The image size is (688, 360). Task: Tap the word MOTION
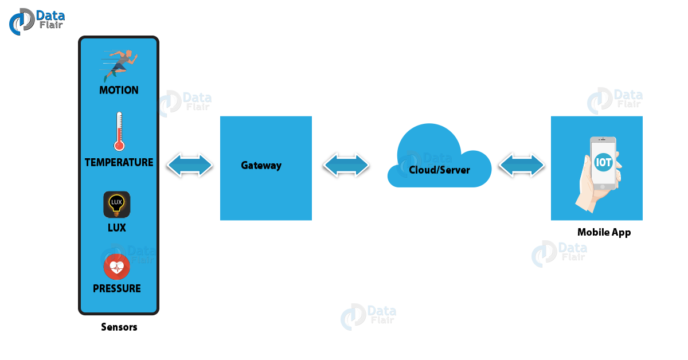click(119, 90)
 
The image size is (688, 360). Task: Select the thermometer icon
click(119, 131)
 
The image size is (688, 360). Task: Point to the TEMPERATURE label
click(119, 162)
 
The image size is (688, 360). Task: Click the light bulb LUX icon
click(117, 205)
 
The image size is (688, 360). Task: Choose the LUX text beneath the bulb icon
click(117, 228)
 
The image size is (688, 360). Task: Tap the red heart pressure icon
click(117, 267)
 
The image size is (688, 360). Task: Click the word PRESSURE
click(117, 288)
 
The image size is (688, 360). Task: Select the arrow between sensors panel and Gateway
click(190, 166)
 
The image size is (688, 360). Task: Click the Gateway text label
click(261, 166)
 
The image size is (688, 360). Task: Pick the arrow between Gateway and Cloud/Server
click(346, 166)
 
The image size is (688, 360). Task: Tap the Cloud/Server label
click(439, 170)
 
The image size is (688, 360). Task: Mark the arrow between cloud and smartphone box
click(522, 166)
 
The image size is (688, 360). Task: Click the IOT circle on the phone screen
click(604, 162)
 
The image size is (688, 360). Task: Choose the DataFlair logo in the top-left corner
click(37, 21)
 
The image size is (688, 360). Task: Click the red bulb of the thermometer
click(119, 146)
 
